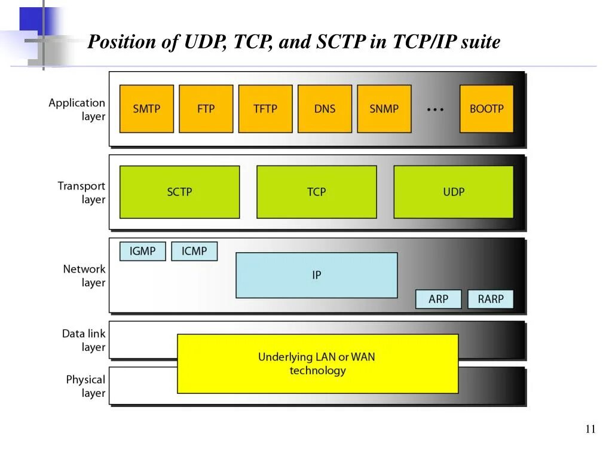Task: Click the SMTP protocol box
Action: tap(146, 109)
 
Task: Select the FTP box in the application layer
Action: tap(206, 109)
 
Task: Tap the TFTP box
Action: tap(265, 109)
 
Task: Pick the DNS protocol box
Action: tap(325, 109)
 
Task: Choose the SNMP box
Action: tap(384, 109)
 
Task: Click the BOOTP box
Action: tap(486, 109)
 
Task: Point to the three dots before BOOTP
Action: tap(435, 109)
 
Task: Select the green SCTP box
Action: tap(179, 192)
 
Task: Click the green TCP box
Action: tap(317, 192)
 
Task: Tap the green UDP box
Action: tap(454, 192)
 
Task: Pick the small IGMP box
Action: tap(142, 251)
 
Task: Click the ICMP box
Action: tap(194, 251)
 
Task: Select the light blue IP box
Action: tap(317, 275)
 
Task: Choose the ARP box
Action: tap(438, 299)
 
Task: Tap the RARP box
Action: tap(491, 299)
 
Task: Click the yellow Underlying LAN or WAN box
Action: tap(317, 363)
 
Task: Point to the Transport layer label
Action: tap(81, 192)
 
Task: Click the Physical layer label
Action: tap(85, 386)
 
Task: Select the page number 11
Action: tap(590, 429)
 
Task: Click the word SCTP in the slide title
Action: tap(336, 42)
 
